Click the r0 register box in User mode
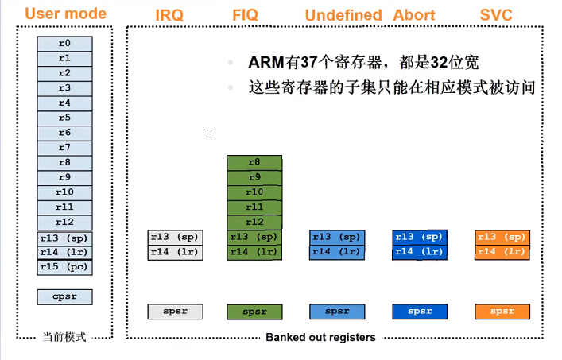coord(64,43)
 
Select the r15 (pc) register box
coord(64,267)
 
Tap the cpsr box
coord(64,296)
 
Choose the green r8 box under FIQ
coord(254,162)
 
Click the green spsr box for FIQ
coord(254,312)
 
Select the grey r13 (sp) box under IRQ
coord(176,237)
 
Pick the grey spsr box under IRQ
coord(176,312)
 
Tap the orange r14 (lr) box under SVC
coord(502,252)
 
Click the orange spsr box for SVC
coord(502,312)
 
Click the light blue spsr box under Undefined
coord(337,312)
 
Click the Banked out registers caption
coord(320,337)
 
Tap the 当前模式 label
coord(64,337)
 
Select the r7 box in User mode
coord(64,148)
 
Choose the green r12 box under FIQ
coord(254,222)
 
